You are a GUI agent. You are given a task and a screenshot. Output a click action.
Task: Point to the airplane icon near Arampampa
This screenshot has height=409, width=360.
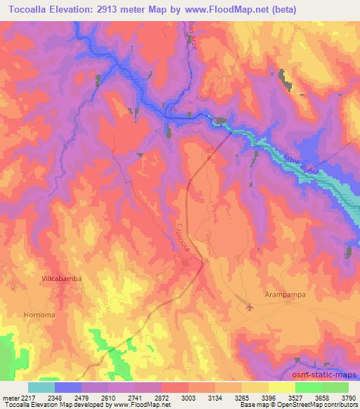coord(251,306)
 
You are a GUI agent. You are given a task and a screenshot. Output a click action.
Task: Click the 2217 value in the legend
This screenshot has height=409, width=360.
coord(27,397)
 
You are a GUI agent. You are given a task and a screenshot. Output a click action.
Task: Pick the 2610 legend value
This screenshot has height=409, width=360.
coord(109,397)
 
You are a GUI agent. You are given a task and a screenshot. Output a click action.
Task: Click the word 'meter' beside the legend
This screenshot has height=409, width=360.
coord(9,397)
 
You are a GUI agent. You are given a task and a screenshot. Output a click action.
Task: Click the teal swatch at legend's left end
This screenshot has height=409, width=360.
coord(41,387)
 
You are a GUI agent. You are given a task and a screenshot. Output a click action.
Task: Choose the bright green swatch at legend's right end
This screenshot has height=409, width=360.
coord(335,387)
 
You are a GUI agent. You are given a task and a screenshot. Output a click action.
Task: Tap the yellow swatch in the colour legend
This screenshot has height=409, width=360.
coord(281,387)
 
